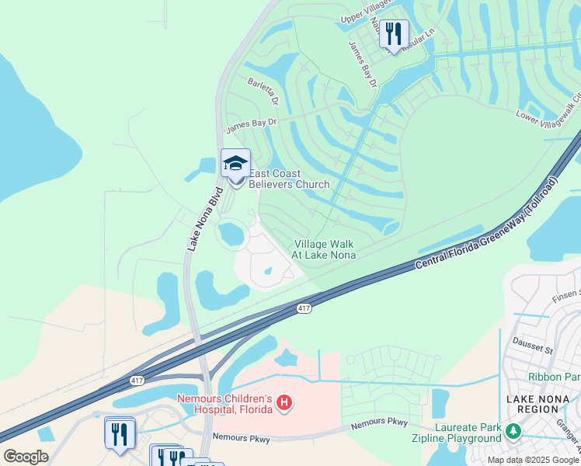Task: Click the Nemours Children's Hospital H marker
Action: tap(285, 402)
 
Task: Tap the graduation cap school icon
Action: tap(235, 164)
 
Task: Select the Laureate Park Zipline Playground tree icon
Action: tap(512, 430)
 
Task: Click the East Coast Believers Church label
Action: tap(289, 179)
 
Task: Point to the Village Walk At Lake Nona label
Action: tap(324, 249)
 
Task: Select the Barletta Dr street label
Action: tap(263, 90)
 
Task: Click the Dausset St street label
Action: tap(532, 344)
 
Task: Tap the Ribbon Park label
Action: tap(555, 377)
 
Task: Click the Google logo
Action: tap(26, 456)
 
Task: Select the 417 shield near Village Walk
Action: tap(304, 308)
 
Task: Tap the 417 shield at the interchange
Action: tap(137, 380)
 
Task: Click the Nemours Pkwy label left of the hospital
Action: tap(242, 439)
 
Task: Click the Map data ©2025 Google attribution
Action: tap(533, 460)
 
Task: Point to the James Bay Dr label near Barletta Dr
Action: tap(251, 124)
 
